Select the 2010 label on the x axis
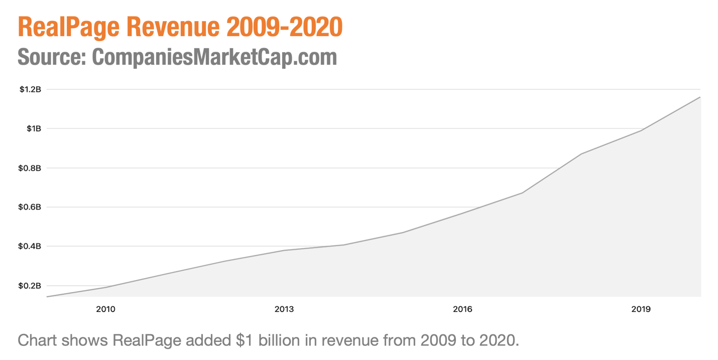105,309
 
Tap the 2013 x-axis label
284,309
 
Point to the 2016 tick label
462,309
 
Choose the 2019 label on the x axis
641,309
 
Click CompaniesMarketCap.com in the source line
214,57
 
